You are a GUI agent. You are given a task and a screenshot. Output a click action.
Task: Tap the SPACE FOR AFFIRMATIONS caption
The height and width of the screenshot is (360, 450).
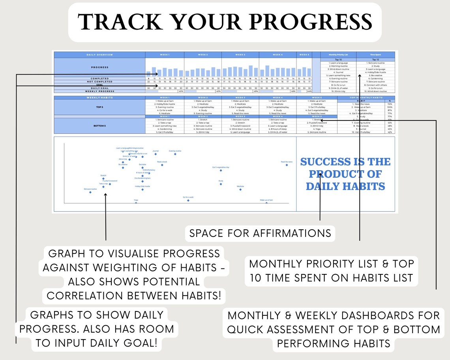[260, 233]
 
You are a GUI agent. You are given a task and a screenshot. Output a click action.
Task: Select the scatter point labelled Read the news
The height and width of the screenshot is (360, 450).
[287, 165]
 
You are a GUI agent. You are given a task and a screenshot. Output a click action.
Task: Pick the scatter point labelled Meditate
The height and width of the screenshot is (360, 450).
[240, 189]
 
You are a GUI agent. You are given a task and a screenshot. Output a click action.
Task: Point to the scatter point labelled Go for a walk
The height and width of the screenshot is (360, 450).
[188, 201]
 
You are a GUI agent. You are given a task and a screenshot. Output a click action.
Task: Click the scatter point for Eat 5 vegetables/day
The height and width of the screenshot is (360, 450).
[221, 171]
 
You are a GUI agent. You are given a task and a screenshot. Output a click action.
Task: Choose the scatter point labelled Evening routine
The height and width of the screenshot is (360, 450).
[175, 154]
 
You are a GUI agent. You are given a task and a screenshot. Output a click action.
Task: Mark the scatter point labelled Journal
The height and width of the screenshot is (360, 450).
[156, 154]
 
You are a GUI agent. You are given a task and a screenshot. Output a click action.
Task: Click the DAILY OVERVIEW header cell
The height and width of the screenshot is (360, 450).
[99, 54]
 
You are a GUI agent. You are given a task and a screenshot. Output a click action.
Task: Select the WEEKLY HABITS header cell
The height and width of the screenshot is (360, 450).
[99, 97]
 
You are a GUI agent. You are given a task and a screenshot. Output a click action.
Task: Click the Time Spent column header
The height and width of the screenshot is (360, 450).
[375, 54]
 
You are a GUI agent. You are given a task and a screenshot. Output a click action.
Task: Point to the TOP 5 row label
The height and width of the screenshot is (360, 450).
[99, 107]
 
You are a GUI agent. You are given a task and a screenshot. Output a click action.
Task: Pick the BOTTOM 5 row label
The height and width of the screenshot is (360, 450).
[99, 126]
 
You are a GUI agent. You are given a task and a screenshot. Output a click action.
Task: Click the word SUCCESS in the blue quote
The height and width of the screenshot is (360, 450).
[326, 162]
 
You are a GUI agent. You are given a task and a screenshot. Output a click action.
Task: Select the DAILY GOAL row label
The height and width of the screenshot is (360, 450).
[99, 88]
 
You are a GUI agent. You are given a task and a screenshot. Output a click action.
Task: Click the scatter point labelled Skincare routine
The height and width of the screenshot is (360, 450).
[90, 192]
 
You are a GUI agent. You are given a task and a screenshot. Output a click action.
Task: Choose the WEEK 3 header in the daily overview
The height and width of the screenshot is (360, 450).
[240, 54]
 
